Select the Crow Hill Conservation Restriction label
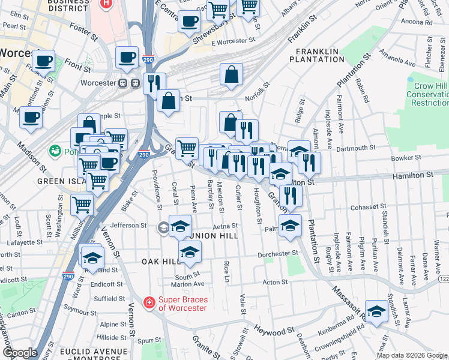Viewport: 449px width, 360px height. [x=427, y=94]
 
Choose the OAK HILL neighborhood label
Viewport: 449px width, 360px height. [x=161, y=262]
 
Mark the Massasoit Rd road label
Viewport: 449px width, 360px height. [x=345, y=307]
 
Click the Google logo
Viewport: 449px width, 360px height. [x=20, y=352]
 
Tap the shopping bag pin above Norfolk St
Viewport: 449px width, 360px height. [x=231, y=75]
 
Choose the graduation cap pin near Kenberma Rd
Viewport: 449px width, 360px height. [x=376, y=311]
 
